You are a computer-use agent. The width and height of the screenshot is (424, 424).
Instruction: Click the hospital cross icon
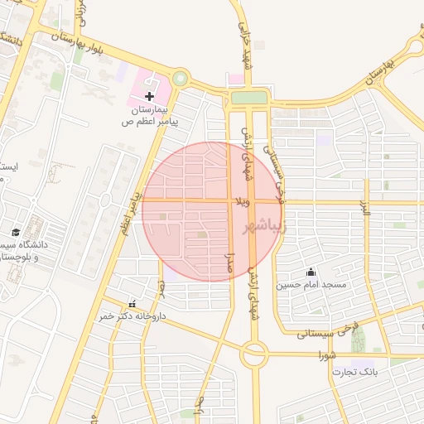point(149,97)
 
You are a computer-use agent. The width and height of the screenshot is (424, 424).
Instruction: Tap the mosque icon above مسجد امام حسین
point(311,272)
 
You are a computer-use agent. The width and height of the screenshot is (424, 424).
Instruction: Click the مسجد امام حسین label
point(311,285)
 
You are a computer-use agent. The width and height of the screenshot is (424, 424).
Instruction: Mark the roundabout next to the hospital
point(180,79)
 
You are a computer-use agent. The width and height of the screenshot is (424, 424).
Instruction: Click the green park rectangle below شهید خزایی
point(248,98)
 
